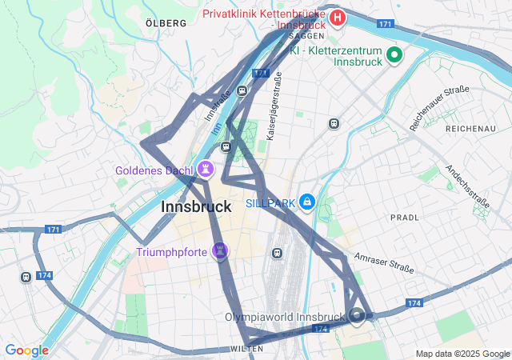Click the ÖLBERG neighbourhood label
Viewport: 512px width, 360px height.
(166, 23)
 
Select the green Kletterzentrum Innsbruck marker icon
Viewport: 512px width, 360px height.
(394, 55)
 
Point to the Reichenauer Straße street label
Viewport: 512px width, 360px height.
(439, 108)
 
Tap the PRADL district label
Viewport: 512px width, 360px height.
(404, 217)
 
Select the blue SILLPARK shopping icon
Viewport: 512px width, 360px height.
(307, 203)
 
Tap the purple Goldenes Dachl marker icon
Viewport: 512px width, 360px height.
(207, 170)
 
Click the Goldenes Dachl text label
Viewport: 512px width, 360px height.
(153, 170)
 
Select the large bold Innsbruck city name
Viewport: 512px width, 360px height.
(196, 206)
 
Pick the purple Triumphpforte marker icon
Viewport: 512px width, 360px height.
(221, 251)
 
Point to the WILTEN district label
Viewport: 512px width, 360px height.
(246, 350)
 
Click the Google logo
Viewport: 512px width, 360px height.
(26, 350)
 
